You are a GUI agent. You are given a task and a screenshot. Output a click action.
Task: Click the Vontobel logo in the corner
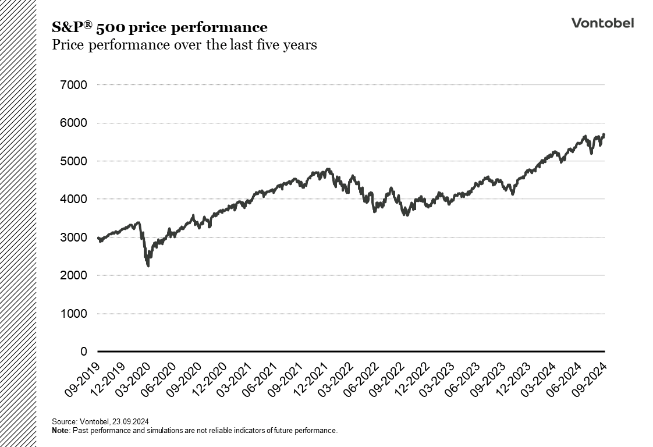click(x=602, y=23)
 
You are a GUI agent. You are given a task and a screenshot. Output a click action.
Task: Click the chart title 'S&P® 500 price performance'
click(x=159, y=27)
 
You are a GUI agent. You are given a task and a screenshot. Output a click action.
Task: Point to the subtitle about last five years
click(x=184, y=45)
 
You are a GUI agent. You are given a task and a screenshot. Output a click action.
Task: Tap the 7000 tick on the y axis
click(x=73, y=85)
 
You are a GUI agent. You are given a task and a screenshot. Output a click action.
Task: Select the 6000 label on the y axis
click(x=73, y=123)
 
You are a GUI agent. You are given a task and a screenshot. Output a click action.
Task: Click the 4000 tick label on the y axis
click(x=73, y=199)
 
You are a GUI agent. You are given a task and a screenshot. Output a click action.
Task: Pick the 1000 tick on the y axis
click(x=73, y=314)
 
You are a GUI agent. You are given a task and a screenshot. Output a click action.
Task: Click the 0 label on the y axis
click(x=83, y=352)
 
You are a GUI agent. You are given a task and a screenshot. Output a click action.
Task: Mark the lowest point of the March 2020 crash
click(x=148, y=266)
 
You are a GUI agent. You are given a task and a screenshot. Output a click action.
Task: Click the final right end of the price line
click(x=604, y=135)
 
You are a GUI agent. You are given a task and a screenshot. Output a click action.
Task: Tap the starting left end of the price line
click(x=98, y=237)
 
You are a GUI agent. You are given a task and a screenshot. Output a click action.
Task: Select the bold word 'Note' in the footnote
click(x=61, y=431)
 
